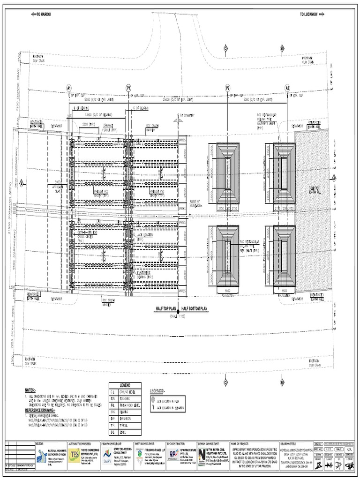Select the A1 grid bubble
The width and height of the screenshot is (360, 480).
[69, 88]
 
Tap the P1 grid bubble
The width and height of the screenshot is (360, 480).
[128, 88]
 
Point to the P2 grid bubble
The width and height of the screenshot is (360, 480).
[228, 88]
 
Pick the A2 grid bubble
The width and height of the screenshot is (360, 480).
[287, 88]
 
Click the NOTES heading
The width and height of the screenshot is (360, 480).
[30, 390]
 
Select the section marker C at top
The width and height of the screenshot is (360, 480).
[225, 48]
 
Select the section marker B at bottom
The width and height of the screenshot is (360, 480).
[282, 382]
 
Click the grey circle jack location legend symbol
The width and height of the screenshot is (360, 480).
[152, 400]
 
